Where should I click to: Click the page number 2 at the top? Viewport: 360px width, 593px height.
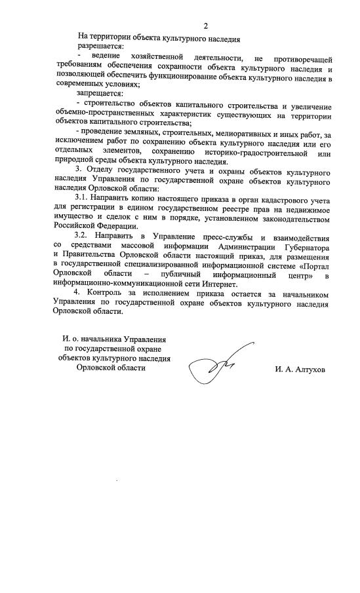coord(205,26)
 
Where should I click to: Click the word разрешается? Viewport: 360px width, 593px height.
coord(99,48)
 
